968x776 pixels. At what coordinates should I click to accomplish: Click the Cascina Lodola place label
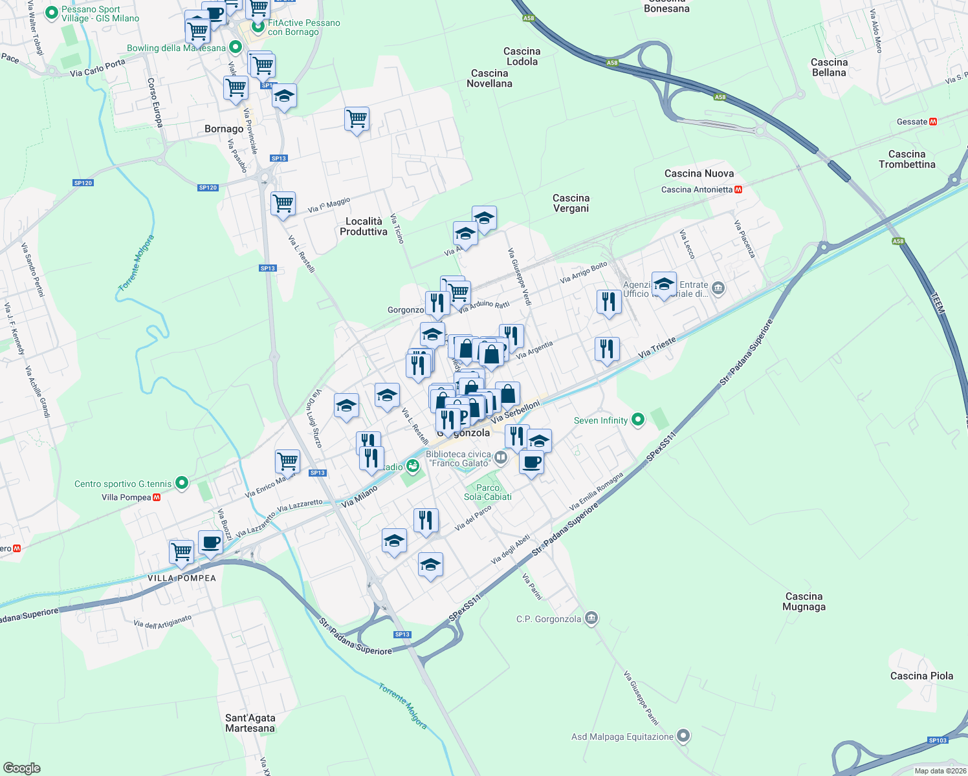tap(522, 56)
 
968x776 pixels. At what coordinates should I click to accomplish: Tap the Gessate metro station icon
tap(933, 122)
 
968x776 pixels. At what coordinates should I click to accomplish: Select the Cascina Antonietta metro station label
tap(697, 189)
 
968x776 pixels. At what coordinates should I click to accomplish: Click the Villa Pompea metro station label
tap(126, 497)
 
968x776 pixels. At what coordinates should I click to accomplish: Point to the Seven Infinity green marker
tap(638, 420)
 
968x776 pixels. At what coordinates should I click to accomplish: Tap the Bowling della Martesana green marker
tap(236, 47)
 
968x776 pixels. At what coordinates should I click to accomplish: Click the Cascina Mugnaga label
tap(804, 601)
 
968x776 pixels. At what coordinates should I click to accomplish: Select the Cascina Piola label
tap(921, 676)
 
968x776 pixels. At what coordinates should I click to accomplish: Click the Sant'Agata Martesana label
tap(250, 723)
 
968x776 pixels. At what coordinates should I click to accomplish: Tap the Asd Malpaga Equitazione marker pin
tap(684, 736)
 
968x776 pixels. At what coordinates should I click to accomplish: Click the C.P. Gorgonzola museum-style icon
tap(591, 619)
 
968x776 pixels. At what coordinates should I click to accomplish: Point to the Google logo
tap(22, 768)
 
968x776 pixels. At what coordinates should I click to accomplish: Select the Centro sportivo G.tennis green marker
tap(182, 482)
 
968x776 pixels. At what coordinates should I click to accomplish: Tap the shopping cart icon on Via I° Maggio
tap(283, 204)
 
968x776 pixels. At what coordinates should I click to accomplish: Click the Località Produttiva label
tap(364, 226)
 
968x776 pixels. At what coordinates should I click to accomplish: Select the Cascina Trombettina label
tap(907, 159)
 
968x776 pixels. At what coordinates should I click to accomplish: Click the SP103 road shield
tap(937, 740)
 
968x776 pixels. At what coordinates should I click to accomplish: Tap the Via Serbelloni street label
tap(515, 412)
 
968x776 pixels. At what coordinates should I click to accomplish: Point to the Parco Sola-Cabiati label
tap(488, 492)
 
